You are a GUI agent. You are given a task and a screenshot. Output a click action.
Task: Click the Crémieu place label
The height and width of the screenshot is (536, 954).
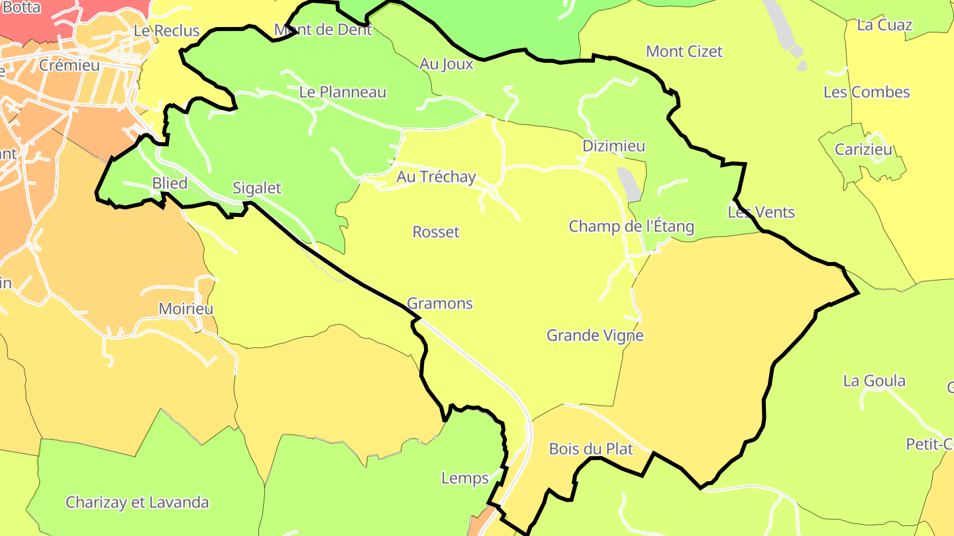(69, 65)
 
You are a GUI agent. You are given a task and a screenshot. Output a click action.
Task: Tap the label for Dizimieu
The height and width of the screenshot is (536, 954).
(613, 146)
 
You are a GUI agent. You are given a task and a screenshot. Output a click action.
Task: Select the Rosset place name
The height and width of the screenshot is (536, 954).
(435, 232)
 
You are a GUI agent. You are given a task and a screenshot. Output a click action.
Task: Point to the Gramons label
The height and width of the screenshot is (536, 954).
(439, 303)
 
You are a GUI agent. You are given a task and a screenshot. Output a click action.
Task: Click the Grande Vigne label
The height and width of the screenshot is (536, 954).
(594, 335)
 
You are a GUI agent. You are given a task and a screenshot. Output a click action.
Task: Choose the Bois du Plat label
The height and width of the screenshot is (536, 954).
(591, 449)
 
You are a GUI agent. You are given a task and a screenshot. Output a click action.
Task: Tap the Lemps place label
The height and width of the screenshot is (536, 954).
(464, 478)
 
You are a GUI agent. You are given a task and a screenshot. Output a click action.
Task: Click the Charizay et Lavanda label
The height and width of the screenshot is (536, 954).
(137, 502)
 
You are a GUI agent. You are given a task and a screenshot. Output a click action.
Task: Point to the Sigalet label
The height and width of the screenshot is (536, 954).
(256, 188)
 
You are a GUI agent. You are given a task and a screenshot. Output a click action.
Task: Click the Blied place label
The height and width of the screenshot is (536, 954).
(170, 183)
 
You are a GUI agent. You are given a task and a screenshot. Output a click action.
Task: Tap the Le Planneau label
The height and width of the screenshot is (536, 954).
(343, 92)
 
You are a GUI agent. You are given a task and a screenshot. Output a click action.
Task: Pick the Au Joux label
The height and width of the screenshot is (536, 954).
(447, 64)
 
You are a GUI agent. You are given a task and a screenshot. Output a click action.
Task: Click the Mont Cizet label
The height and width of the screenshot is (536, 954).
(684, 51)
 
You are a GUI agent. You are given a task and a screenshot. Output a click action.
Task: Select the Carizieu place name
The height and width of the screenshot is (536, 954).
(863, 150)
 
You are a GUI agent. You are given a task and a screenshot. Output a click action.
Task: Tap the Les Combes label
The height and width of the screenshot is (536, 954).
(867, 92)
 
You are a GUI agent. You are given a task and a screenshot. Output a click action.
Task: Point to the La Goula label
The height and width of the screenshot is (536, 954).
(874, 380)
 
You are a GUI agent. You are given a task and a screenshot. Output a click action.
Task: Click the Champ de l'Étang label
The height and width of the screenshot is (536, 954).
(631, 226)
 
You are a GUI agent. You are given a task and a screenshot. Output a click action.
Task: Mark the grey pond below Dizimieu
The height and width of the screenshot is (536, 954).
(629, 184)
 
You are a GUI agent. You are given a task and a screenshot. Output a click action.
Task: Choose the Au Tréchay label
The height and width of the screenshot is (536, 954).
(436, 177)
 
